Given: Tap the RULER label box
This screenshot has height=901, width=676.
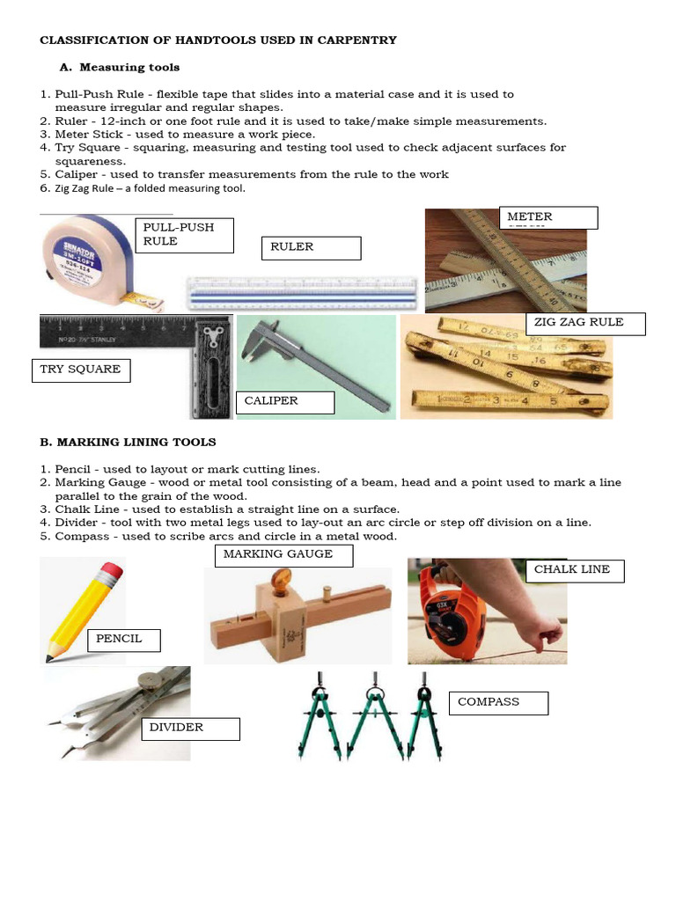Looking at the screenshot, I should pos(311,248).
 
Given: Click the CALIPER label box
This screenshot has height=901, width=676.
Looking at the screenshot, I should pos(289,402).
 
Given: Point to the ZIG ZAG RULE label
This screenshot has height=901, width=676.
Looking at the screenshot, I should pos(584,323).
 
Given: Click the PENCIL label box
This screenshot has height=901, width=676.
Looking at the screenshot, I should pos(123,640).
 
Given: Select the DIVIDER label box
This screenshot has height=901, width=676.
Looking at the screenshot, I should pos(190,729).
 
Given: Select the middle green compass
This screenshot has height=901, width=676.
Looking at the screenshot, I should pos(373,713).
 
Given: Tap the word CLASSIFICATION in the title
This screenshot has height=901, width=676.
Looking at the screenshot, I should pos(86,40).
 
